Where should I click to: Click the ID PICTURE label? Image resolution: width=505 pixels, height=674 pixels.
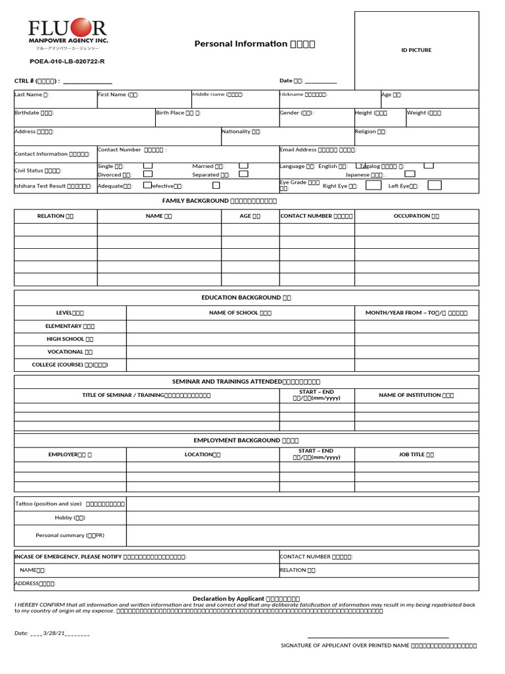(x=416, y=50)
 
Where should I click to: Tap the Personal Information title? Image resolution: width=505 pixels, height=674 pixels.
(x=254, y=44)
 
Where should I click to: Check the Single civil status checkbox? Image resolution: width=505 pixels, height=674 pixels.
(x=148, y=166)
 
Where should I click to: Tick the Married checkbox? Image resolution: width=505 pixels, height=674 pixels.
(x=243, y=166)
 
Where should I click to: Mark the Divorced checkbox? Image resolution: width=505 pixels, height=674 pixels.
(x=148, y=174)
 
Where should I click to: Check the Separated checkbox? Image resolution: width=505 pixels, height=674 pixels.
(x=243, y=174)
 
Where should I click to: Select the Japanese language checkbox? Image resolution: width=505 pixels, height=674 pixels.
(x=410, y=174)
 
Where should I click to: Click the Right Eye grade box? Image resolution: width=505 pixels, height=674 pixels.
(x=373, y=186)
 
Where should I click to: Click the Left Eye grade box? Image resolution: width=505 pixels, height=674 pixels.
(x=434, y=186)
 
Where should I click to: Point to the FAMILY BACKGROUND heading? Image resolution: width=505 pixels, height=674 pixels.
(x=220, y=201)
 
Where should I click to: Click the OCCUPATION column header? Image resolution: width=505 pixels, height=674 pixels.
(x=416, y=216)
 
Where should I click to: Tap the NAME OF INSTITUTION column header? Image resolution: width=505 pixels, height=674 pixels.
(x=416, y=396)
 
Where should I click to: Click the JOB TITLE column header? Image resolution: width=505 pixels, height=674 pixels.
(x=416, y=455)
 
